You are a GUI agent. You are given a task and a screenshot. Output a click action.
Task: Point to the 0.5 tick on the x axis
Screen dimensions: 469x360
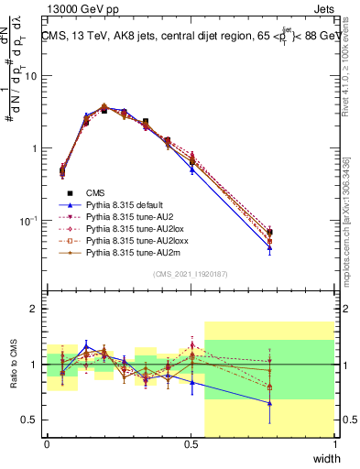[x=191, y=444]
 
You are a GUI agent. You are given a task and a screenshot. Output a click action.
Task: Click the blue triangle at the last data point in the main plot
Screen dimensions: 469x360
[x=270, y=247]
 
